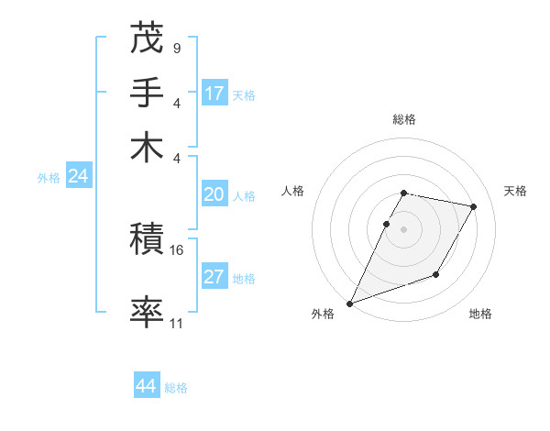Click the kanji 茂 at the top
point(148,39)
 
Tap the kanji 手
point(148,92)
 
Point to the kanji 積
point(148,240)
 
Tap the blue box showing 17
point(214,93)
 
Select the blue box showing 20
point(214,194)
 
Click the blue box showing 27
point(214,277)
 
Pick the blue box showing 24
point(78,176)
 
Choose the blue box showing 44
point(147,386)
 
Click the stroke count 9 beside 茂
point(176,45)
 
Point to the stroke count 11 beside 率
point(177,323)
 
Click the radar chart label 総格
point(403,119)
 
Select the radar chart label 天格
point(515,191)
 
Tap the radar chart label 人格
point(292,191)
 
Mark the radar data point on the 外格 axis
point(349,304)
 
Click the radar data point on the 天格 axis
point(474,207)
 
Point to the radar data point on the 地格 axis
point(436,274)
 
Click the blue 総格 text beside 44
point(176,388)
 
